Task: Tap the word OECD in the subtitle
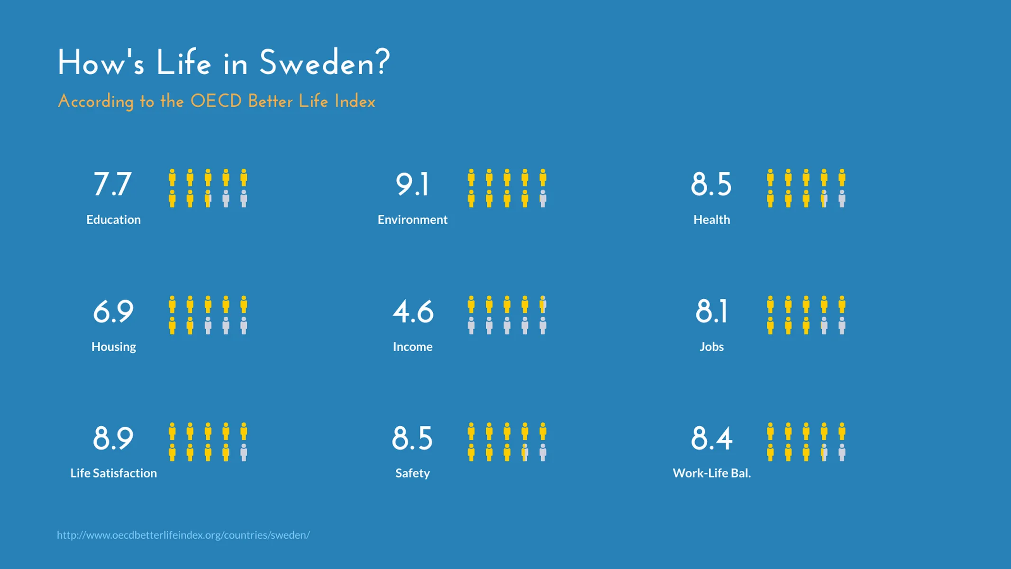point(216,101)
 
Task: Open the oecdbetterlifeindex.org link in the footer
point(183,535)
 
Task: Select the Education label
point(113,220)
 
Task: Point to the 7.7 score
point(112,184)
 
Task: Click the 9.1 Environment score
point(412,184)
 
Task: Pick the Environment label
point(412,220)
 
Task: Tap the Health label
point(711,220)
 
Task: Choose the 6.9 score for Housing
point(113,312)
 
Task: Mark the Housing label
point(113,347)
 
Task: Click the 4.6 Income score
point(412,312)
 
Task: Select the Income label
point(412,347)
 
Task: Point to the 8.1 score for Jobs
point(711,312)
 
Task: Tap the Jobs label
point(711,347)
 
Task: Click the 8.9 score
point(113,438)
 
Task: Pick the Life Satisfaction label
point(113,473)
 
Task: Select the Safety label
point(412,473)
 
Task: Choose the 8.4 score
point(711,438)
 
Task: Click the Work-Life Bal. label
point(711,473)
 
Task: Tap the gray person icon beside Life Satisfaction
point(244,452)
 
